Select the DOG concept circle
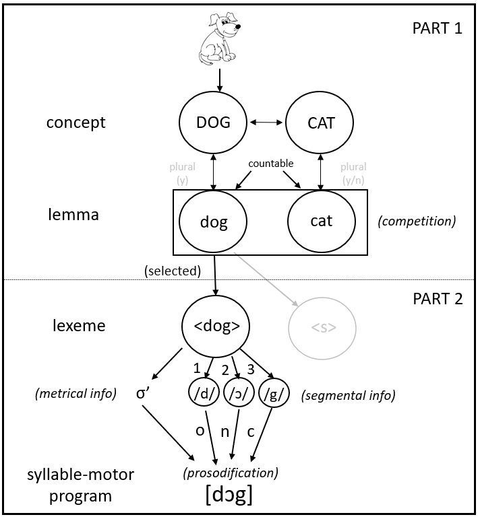[x=213, y=123]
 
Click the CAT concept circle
[x=320, y=123]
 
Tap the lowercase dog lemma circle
[x=213, y=221]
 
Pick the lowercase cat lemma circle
[x=321, y=221]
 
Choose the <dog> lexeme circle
[x=216, y=326]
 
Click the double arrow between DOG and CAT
[x=266, y=123]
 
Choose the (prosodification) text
[x=230, y=473]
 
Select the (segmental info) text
[x=348, y=396]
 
